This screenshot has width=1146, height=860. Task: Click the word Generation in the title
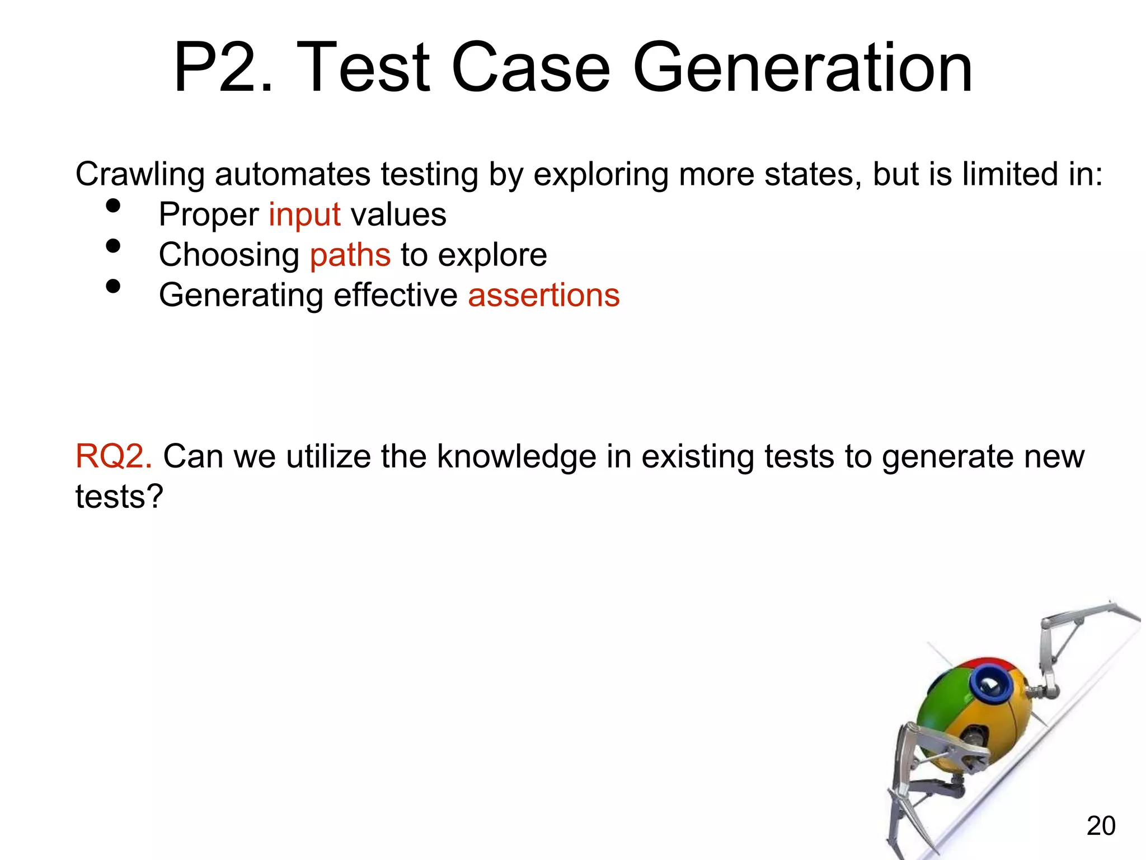tap(803, 68)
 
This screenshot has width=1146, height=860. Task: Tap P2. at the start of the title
tap(223, 68)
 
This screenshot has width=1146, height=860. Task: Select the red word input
tap(304, 214)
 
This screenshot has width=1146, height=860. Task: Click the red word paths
tap(350, 255)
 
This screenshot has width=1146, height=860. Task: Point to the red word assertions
tap(544, 295)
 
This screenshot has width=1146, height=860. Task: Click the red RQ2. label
tap(114, 456)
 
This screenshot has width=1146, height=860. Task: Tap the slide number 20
tap(1101, 825)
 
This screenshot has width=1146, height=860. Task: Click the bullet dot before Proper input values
tap(113, 206)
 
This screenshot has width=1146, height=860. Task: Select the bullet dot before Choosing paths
tap(113, 246)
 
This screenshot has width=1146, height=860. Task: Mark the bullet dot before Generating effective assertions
tap(113, 287)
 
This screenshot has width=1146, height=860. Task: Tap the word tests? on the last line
tap(119, 497)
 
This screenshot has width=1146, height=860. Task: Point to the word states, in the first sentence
tap(813, 174)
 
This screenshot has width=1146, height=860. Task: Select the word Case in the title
tap(530, 68)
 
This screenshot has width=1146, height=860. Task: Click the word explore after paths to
tap(492, 255)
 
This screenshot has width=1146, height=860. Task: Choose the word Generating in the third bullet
tap(241, 296)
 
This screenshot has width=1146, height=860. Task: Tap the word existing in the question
tap(698, 456)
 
